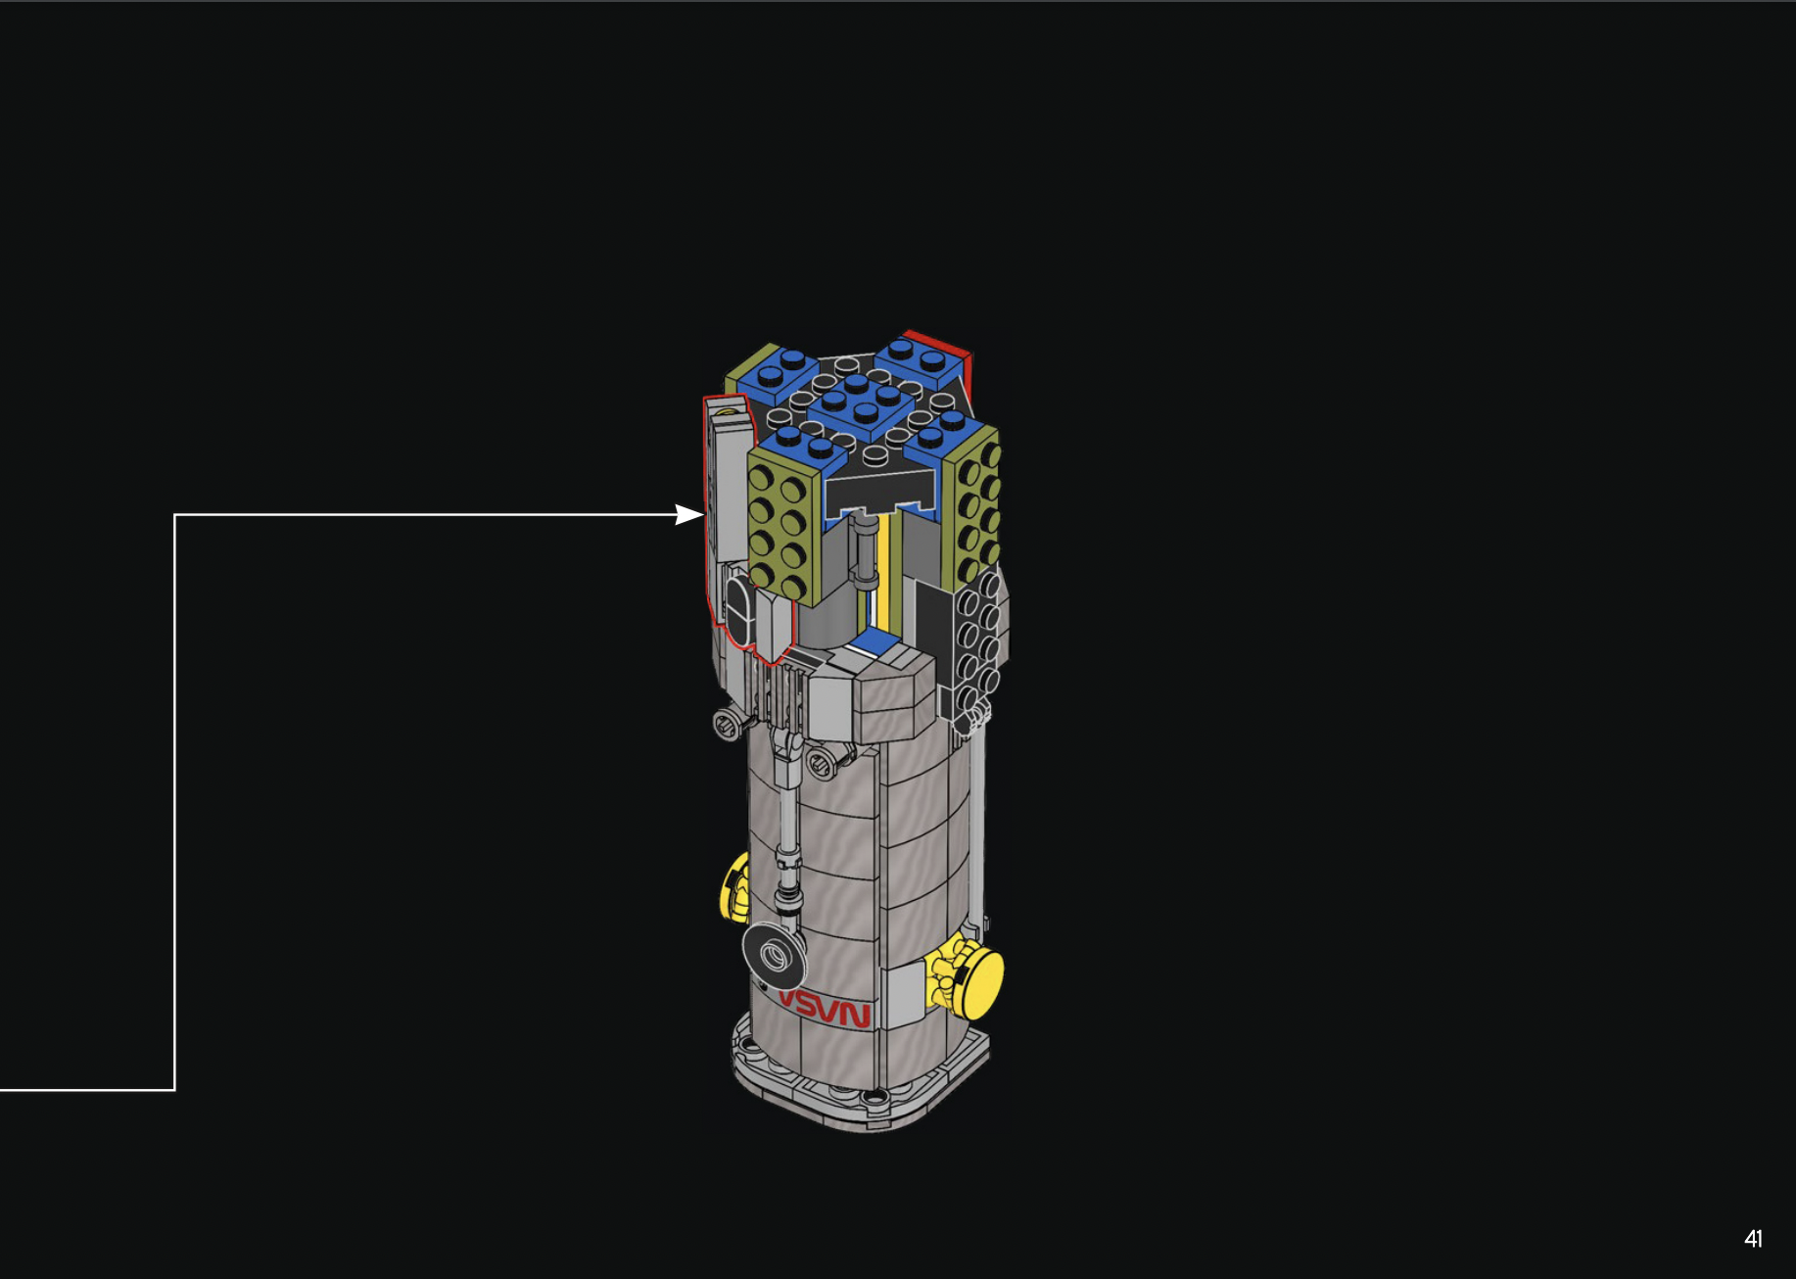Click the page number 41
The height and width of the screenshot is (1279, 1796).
tap(1753, 1239)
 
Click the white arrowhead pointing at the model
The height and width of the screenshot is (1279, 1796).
tap(689, 514)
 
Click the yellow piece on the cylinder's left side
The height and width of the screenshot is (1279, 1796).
tap(734, 887)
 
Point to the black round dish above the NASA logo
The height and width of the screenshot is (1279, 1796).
tap(773, 955)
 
